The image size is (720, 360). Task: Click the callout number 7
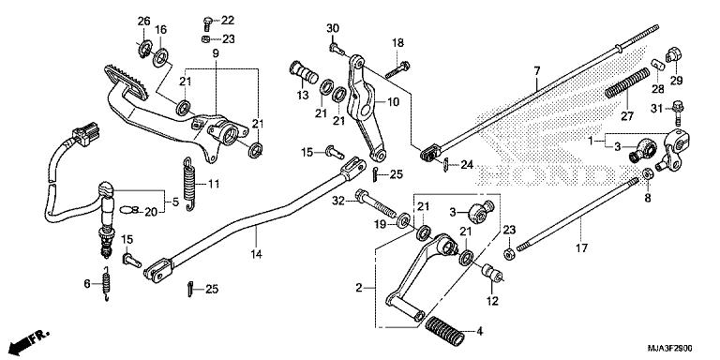tap(537, 71)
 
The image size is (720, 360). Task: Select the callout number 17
tap(581, 248)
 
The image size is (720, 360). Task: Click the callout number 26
tap(143, 22)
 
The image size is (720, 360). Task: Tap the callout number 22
tap(228, 21)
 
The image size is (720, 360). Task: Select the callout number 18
tap(397, 43)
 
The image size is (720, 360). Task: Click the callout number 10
tap(393, 101)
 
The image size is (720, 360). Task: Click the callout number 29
tap(676, 81)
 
